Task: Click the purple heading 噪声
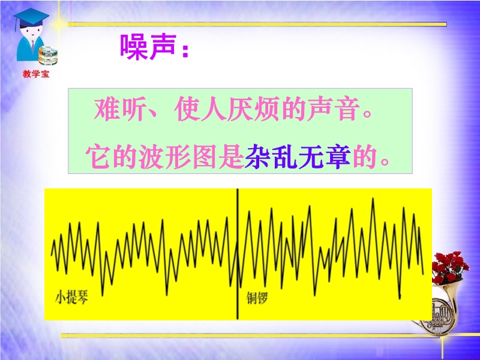click(148, 47)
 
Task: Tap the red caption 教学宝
click(36, 74)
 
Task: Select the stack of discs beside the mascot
click(48, 55)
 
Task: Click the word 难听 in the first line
click(119, 109)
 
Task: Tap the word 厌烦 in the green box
click(253, 109)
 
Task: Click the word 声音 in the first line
click(334, 109)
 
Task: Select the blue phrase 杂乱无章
click(298, 157)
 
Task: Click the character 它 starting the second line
click(98, 157)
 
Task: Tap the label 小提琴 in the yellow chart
click(71, 297)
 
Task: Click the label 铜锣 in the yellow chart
click(257, 298)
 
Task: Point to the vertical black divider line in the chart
click(237, 254)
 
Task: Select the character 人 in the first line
click(213, 109)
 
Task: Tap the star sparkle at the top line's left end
click(59, 23)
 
